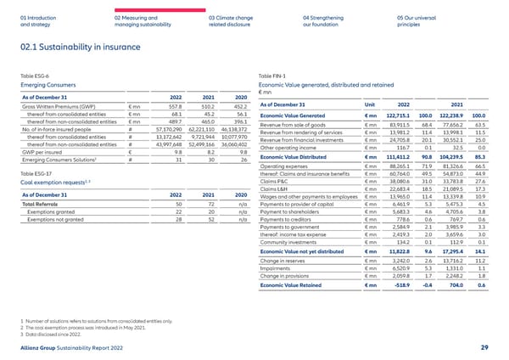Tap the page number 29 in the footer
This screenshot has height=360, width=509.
483,348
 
